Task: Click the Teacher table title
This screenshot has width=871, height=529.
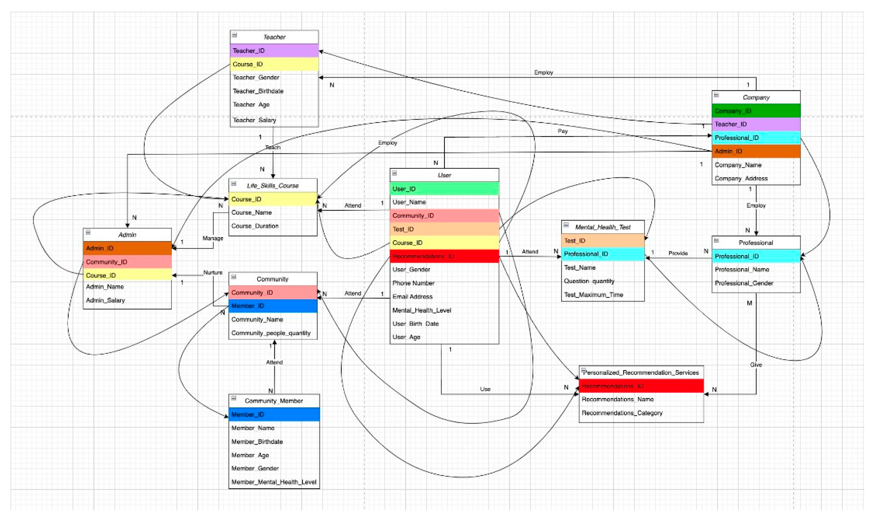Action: click(x=274, y=37)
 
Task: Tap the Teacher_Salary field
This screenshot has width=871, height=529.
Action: click(x=255, y=120)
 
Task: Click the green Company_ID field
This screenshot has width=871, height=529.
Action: click(x=756, y=111)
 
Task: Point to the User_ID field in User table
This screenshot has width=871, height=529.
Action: click(x=444, y=189)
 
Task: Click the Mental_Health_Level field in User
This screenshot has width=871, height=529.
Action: click(x=421, y=310)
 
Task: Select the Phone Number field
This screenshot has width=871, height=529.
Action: click(x=413, y=283)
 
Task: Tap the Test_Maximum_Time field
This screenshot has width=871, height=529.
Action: click(x=593, y=295)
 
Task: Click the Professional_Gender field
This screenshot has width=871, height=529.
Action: click(x=744, y=283)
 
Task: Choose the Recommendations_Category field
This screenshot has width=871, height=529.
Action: click(x=622, y=413)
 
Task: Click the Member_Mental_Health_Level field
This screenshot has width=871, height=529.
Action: click(x=274, y=482)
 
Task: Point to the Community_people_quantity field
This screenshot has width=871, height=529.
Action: click(x=271, y=333)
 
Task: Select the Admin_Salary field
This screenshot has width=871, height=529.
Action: click(x=105, y=300)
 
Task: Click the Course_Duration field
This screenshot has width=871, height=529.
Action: click(x=255, y=226)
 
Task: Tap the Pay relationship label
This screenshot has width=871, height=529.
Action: click(x=562, y=131)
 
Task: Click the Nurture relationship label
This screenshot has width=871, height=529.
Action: click(x=213, y=272)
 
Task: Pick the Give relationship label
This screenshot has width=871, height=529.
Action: click(x=756, y=364)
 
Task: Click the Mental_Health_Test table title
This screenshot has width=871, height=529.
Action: click(x=603, y=227)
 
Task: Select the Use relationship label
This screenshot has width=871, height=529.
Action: click(x=485, y=389)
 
